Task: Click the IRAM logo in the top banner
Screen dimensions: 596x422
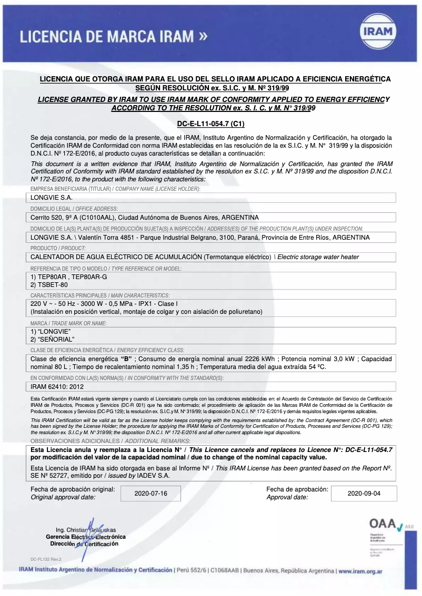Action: coord(378,32)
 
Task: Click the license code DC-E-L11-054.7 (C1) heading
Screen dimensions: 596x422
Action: coord(211,124)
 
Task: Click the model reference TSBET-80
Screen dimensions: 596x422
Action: coord(42,284)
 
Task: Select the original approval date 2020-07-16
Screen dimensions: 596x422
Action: coord(150,494)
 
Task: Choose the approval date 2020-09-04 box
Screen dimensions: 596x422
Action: coord(361,494)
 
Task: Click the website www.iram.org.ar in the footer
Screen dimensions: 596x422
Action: coord(360,571)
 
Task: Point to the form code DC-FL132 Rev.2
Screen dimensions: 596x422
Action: coord(46,559)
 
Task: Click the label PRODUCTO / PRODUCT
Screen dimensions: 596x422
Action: coord(51,248)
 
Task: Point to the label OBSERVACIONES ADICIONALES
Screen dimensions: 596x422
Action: coord(66,440)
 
